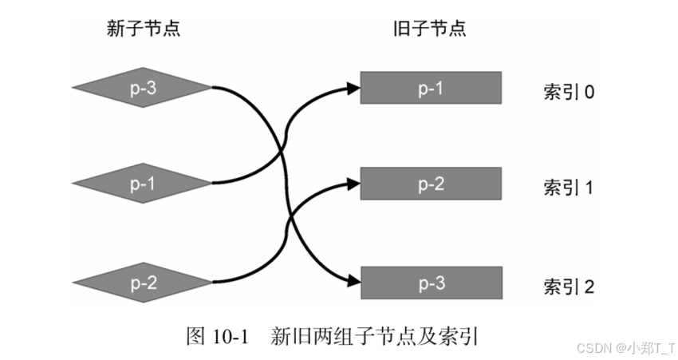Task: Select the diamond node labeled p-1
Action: click(x=142, y=184)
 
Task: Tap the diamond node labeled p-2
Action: click(x=142, y=282)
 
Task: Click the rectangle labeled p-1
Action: click(x=431, y=88)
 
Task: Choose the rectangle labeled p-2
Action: click(x=431, y=184)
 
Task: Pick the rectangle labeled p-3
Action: click(x=431, y=283)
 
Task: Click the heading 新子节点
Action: click(x=143, y=30)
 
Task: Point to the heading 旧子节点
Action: click(x=430, y=30)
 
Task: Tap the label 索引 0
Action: click(x=569, y=92)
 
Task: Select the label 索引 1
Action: click(x=569, y=188)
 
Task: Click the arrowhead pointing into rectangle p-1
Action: click(x=354, y=88)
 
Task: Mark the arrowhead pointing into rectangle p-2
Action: click(x=354, y=184)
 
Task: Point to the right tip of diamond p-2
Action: click(x=212, y=282)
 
